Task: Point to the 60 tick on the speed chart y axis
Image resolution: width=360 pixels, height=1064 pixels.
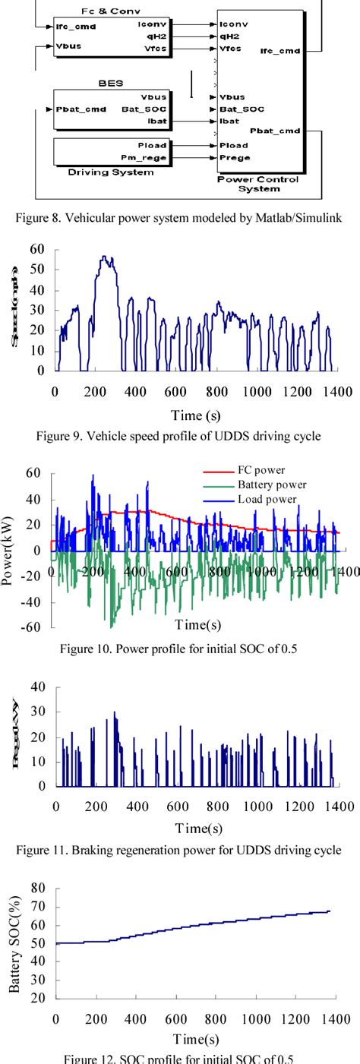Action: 36,249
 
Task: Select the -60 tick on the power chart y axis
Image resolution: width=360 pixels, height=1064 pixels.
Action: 31,627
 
